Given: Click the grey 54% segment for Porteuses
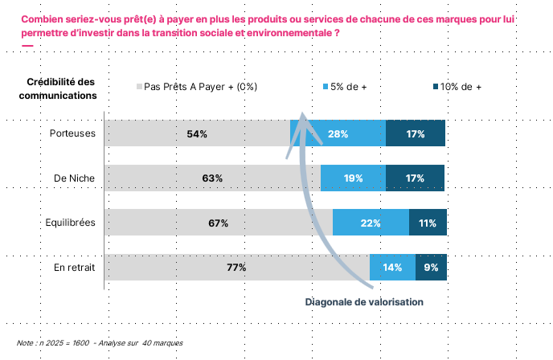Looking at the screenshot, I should point(197,133).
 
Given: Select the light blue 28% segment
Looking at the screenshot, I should point(338,133).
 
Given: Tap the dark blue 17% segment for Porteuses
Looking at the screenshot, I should point(415,133).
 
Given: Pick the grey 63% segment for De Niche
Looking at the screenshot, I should point(212,178).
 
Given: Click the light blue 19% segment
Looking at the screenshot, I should point(353,178).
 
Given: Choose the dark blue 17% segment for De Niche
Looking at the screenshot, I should point(415,178).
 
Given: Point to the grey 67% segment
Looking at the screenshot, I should point(219,223).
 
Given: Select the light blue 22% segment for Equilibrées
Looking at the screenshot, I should point(371,223).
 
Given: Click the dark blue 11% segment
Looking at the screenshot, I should point(428,223).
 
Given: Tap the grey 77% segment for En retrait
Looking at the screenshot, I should point(236,268).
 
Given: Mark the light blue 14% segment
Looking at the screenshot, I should point(392,268).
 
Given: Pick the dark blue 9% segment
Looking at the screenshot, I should point(431,268).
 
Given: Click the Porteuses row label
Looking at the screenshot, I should point(73,133).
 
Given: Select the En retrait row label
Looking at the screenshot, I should point(76,268).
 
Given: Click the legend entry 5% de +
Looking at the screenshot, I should point(348,87).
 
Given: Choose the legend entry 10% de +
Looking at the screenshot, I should point(461,87).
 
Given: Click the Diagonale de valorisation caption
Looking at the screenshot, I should point(363,301).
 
